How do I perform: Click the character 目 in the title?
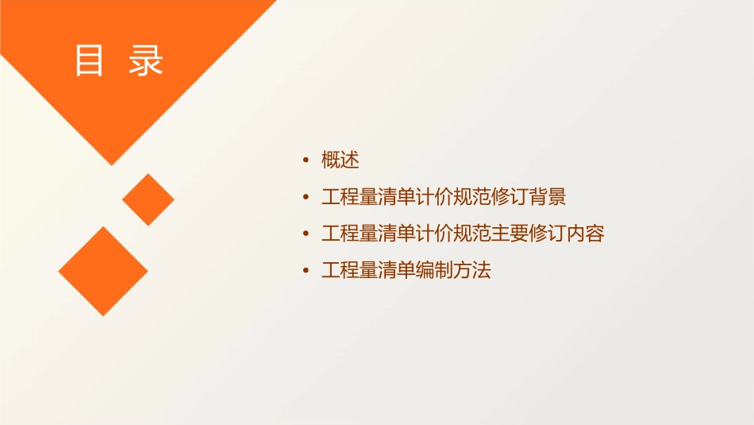pyautogui.click(x=89, y=61)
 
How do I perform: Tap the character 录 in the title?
pyautogui.click(x=145, y=61)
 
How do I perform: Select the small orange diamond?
pyautogui.click(x=148, y=199)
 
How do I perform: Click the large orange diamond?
pyautogui.click(x=103, y=271)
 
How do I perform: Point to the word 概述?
pyautogui.click(x=340, y=160)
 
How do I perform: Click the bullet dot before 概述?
pyautogui.click(x=306, y=160)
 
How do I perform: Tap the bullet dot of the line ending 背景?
pyautogui.click(x=306, y=197)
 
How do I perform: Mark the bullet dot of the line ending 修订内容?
pyautogui.click(x=306, y=234)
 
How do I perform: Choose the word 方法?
pyautogui.click(x=472, y=270)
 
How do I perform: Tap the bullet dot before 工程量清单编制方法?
pyautogui.click(x=306, y=270)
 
